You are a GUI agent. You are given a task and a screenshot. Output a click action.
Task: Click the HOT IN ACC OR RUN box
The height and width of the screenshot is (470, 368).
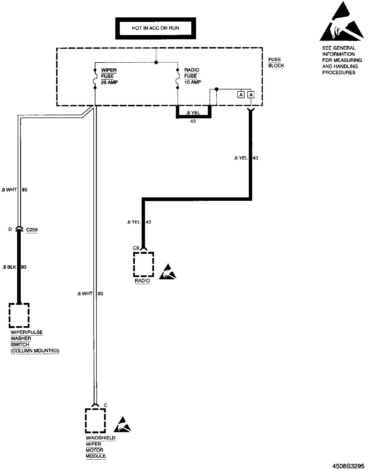[155, 28]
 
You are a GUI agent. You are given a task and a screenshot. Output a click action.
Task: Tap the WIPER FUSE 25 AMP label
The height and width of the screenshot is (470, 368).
[109, 76]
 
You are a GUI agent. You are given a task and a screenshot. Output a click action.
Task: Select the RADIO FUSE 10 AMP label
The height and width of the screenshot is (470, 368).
[192, 76]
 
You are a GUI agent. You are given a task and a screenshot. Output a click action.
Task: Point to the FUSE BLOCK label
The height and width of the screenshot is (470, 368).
[276, 63]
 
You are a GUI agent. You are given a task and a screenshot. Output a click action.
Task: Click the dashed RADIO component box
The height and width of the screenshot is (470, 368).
[143, 264]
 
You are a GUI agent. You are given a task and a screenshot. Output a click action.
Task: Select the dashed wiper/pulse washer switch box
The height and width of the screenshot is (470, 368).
[19, 315]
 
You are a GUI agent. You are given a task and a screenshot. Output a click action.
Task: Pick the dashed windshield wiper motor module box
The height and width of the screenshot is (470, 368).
[95, 421]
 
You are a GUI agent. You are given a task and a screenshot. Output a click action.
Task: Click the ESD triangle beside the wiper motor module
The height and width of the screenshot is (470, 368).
[122, 425]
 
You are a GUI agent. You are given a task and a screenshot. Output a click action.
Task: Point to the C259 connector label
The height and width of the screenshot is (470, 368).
[32, 230]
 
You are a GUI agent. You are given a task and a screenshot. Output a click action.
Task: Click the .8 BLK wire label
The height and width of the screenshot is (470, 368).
[9, 267]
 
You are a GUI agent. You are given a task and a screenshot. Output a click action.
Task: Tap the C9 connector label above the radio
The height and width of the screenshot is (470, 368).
[136, 248]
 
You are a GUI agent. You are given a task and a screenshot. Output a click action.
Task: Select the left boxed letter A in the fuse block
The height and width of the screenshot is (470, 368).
[241, 95]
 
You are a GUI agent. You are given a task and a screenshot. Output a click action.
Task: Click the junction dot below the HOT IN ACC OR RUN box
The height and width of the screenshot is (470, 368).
[156, 62]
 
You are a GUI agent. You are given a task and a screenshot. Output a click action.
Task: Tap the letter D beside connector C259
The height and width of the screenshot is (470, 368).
[10, 229]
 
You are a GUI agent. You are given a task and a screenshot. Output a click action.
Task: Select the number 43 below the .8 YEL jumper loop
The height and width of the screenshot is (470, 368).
[193, 121]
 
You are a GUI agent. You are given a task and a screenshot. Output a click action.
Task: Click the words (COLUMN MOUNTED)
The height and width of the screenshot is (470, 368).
[35, 351]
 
